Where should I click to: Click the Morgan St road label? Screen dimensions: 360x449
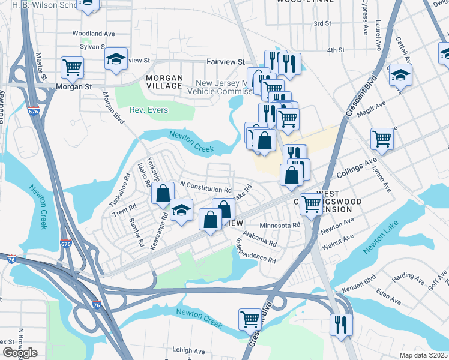pyautogui.click(x=73, y=86)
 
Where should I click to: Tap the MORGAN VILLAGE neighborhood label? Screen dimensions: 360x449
pyautogui.click(x=164, y=82)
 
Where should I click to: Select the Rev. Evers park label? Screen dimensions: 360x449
pyautogui.click(x=150, y=110)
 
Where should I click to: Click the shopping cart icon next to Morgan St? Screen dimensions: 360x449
pyautogui.click(x=72, y=67)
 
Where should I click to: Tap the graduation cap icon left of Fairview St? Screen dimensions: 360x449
pyautogui.click(x=116, y=59)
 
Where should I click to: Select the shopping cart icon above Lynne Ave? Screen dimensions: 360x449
pyautogui.click(x=382, y=139)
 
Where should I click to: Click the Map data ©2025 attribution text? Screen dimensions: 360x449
pyautogui.click(x=423, y=355)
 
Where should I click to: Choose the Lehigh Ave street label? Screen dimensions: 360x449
pyautogui.click(x=187, y=350)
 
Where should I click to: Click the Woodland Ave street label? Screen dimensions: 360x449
pyautogui.click(x=93, y=34)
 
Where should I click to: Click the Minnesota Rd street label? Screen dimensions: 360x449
pyautogui.click(x=279, y=226)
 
